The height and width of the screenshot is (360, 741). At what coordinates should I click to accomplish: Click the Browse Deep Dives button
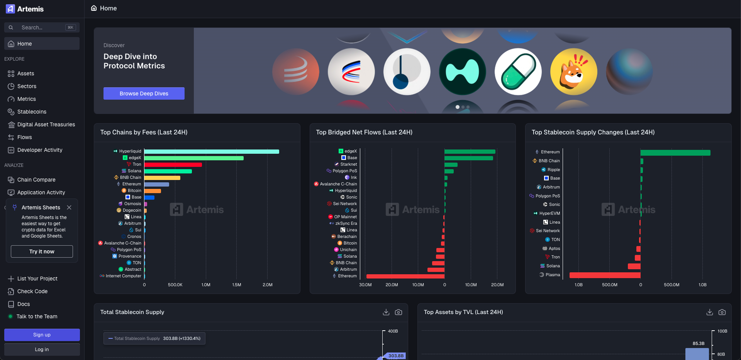(x=144, y=93)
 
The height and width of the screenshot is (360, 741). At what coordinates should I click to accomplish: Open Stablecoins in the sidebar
(x=32, y=112)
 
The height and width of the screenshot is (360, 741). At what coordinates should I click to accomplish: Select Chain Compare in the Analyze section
(x=36, y=180)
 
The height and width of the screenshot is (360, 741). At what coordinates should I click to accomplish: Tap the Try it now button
(x=42, y=251)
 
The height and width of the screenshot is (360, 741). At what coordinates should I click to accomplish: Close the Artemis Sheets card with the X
(x=69, y=207)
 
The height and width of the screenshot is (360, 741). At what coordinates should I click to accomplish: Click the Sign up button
(x=42, y=335)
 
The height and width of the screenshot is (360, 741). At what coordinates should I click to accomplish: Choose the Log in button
(x=42, y=350)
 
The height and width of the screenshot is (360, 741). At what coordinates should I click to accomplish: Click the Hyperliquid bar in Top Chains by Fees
(x=212, y=151)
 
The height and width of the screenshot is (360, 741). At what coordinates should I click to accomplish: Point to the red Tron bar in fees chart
(x=173, y=165)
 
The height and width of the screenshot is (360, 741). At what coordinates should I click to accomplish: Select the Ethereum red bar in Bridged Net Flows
(x=405, y=276)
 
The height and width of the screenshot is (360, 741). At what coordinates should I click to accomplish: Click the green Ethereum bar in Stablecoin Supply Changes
(x=675, y=153)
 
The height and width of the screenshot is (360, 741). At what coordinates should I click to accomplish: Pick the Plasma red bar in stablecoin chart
(x=605, y=275)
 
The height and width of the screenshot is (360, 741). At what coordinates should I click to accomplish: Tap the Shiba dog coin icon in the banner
(x=573, y=72)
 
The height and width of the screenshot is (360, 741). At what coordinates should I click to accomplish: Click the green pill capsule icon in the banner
(x=518, y=72)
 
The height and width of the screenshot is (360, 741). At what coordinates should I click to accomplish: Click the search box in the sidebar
(x=42, y=27)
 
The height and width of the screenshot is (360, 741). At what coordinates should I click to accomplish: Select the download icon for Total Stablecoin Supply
(x=386, y=312)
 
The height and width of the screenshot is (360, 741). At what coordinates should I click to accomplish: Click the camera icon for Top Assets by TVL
(x=722, y=312)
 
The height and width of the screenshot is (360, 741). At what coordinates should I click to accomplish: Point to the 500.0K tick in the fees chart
(x=175, y=285)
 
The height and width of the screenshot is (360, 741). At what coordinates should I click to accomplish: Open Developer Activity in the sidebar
(x=40, y=150)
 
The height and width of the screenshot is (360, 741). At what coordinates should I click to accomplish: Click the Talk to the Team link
(x=37, y=316)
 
